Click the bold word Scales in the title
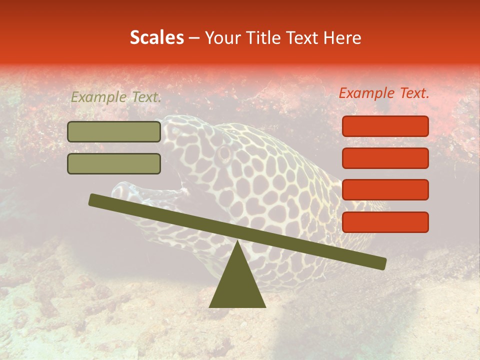[156, 38]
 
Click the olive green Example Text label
[115, 97]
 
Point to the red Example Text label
[384, 93]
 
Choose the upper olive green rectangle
[114, 131]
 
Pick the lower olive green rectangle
[114, 163]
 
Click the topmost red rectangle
[385, 126]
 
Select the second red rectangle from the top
[385, 158]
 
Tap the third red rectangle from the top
[385, 190]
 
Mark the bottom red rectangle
[385, 222]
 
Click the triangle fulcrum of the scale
[237, 282]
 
